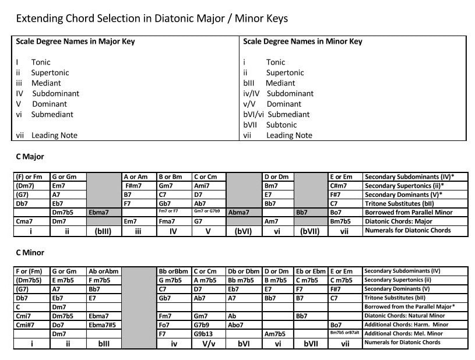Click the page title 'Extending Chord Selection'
152,19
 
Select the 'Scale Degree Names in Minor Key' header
302,41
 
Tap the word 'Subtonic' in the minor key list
282,125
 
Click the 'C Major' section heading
29,157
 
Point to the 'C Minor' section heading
29,252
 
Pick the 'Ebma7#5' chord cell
104,324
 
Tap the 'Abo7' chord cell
236,324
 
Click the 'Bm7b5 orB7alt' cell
346,333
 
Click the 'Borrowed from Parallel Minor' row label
408,213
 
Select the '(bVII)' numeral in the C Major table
309,231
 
